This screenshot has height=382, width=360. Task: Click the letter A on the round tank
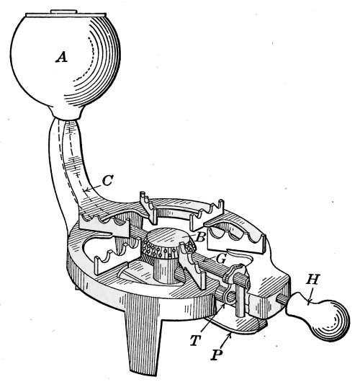point(61,58)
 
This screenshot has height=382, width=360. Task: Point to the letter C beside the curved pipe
point(107,181)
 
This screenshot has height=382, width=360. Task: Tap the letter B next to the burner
point(200,237)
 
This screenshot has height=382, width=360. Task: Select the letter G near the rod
point(220,259)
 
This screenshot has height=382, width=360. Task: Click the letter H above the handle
point(312,280)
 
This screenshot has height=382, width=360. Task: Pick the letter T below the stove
point(195,341)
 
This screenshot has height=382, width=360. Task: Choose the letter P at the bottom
point(216,355)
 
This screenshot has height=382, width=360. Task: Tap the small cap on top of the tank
point(64,12)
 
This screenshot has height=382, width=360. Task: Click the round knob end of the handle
point(330,319)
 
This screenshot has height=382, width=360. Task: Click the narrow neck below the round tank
point(66,114)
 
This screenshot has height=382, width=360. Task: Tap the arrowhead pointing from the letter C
point(85,190)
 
